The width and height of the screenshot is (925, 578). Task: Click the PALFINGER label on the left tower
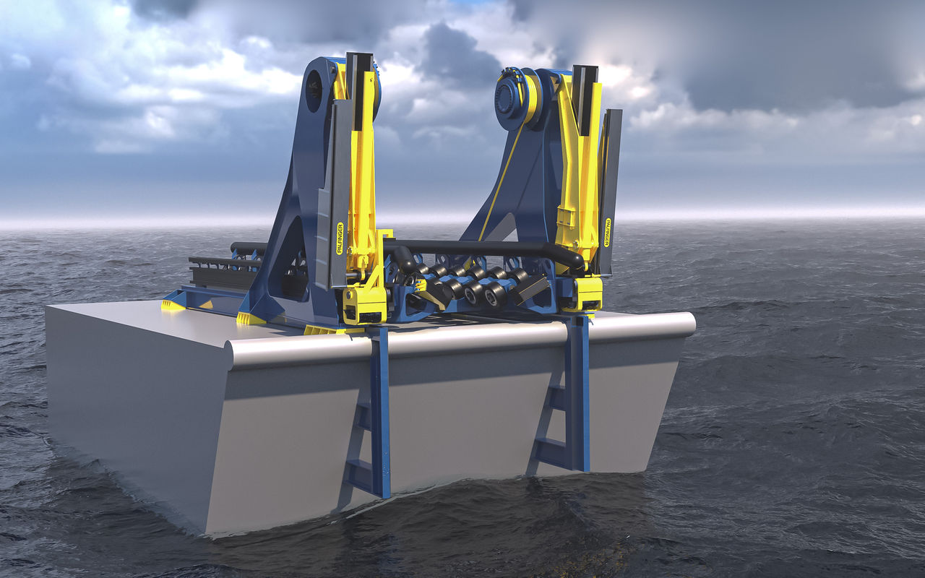pos(340,238)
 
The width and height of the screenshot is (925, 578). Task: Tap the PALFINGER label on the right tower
pos(608,232)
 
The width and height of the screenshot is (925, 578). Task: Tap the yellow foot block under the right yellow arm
pos(587,293)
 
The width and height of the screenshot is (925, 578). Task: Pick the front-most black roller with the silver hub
pos(494,294)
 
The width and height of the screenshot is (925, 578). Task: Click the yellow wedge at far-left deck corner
pos(173,306)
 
